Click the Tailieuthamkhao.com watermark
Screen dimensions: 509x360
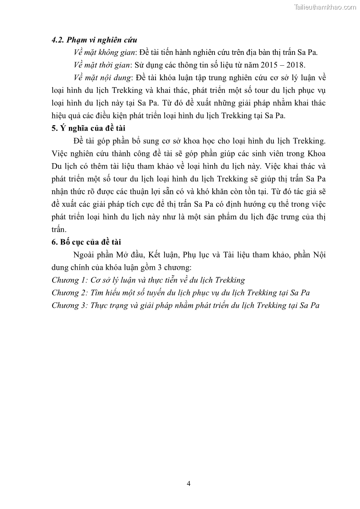325,7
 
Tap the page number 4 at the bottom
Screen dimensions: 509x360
188,483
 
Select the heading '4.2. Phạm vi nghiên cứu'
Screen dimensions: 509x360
94,40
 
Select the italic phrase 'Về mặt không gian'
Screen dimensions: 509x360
101,53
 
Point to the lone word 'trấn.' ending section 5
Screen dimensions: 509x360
59,229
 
